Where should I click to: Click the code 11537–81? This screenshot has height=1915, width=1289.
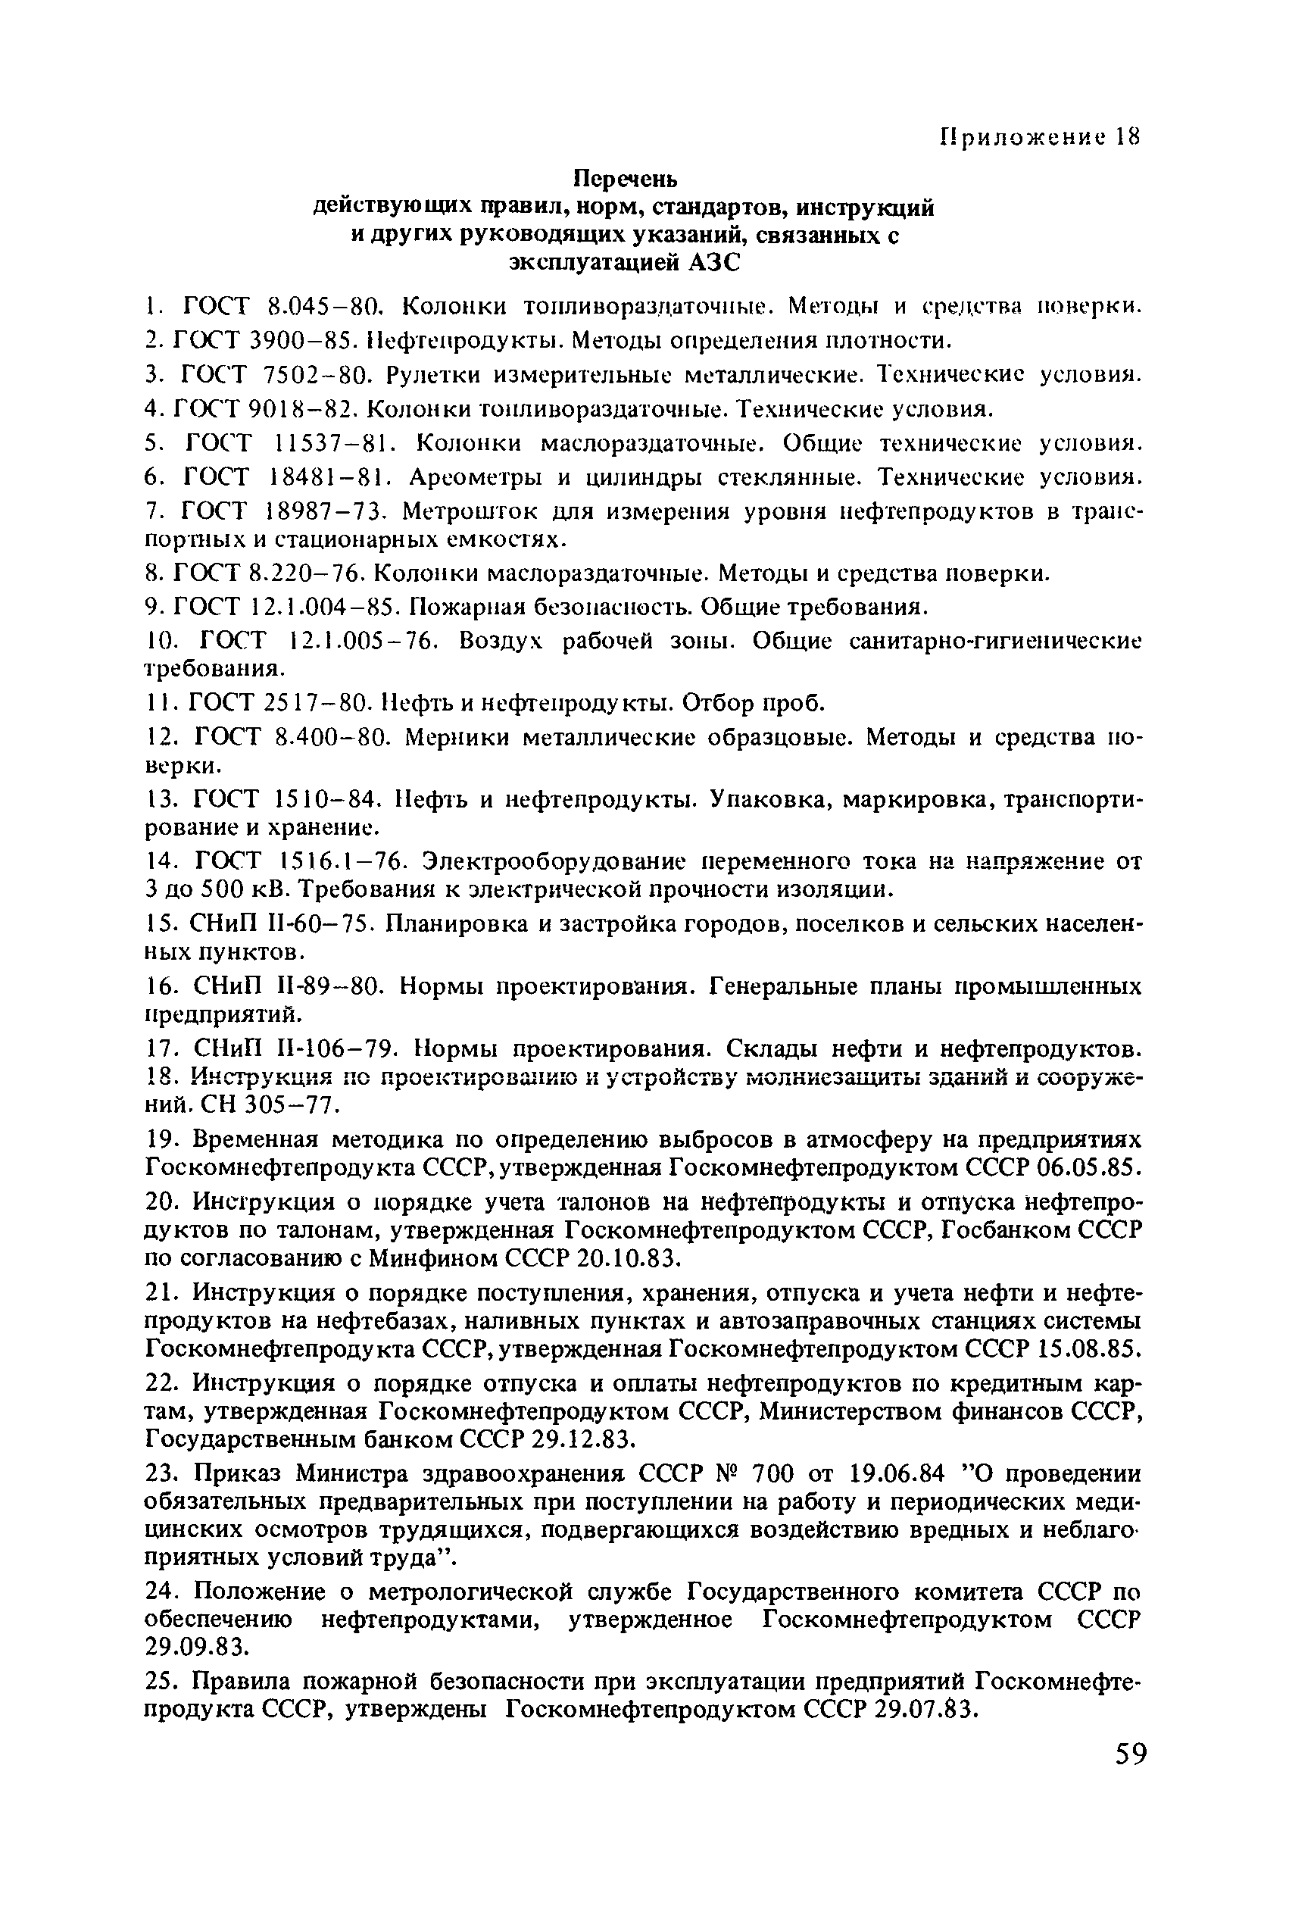coord(334,443)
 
